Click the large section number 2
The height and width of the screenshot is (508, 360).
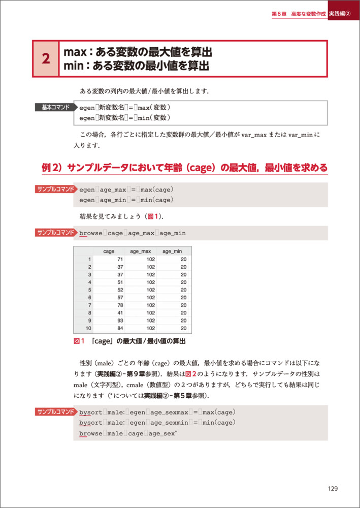click(x=46, y=59)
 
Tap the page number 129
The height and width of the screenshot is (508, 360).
click(x=333, y=489)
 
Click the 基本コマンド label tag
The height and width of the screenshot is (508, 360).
click(x=55, y=107)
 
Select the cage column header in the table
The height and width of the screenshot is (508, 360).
click(x=109, y=251)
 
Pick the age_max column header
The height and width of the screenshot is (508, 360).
click(x=141, y=251)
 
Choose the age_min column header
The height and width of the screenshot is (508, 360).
click(x=172, y=251)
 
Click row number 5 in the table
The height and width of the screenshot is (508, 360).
click(x=89, y=290)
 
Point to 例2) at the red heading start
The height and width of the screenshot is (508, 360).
click(x=52, y=168)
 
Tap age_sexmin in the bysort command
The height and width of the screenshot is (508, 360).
click(x=167, y=423)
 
